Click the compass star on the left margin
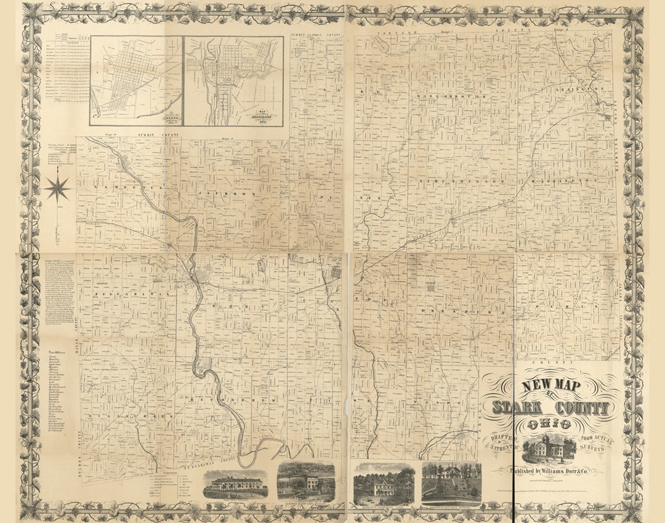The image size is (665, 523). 58,188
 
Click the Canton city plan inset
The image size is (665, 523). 137,77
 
